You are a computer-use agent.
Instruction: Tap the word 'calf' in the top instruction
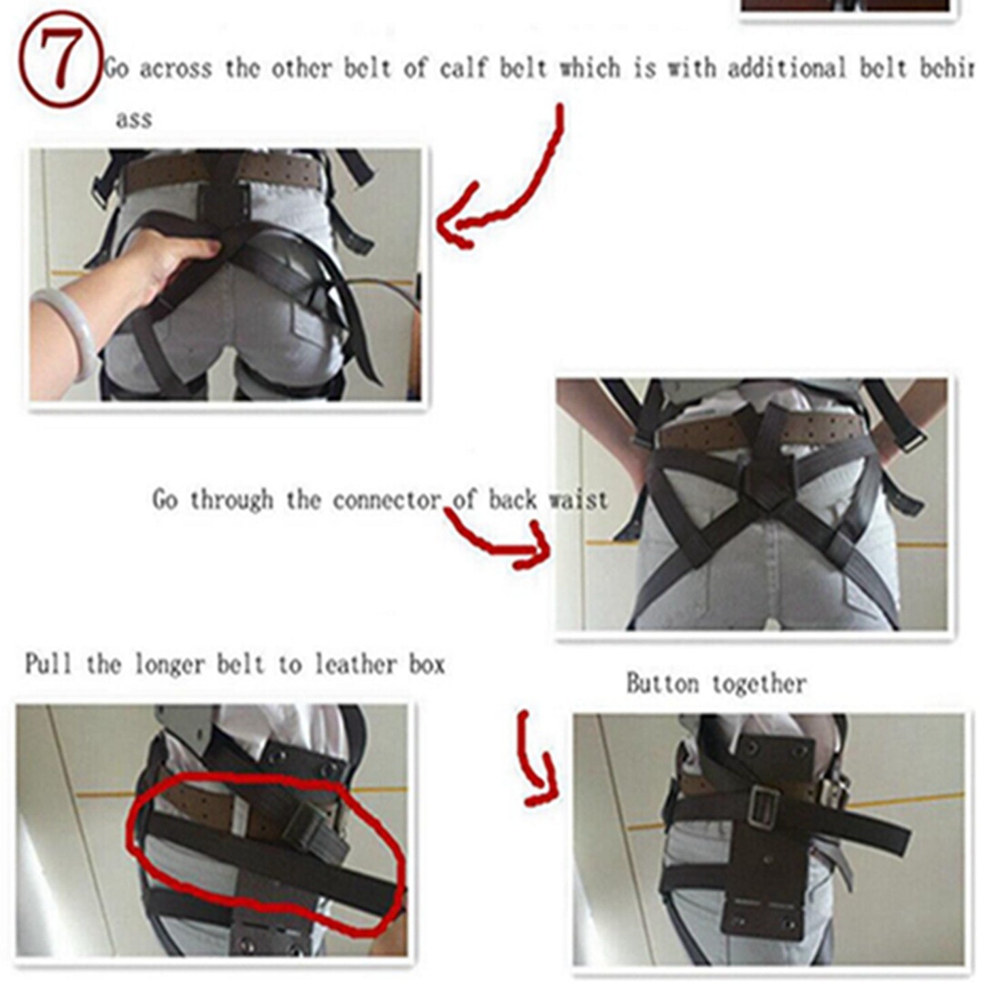click(x=465, y=69)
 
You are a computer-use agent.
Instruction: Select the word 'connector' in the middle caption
click(x=386, y=501)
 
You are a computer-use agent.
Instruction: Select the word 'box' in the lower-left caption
click(x=427, y=664)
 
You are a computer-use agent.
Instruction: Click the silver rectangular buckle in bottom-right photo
click(x=765, y=807)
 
